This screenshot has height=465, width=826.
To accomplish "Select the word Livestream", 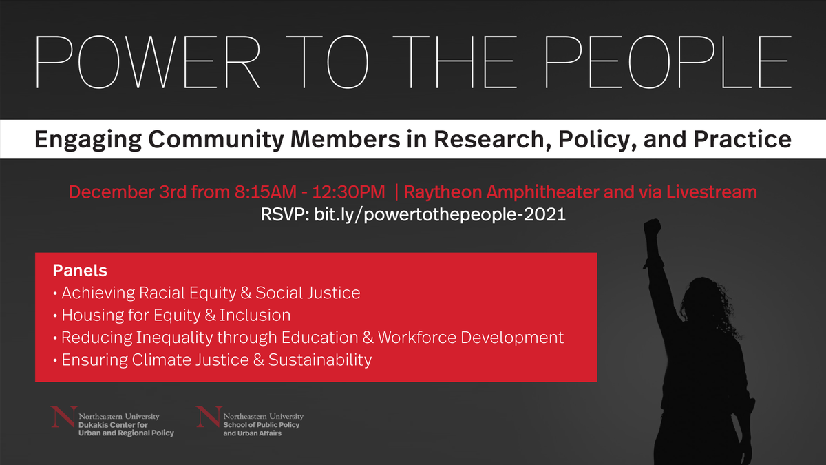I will click(x=712, y=192).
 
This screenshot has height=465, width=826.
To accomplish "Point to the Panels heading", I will click(x=80, y=270).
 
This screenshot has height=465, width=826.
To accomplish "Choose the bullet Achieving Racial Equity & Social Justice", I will click(x=211, y=293).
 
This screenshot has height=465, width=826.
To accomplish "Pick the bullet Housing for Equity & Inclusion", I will click(x=176, y=316).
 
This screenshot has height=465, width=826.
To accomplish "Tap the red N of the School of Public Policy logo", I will click(x=209, y=420).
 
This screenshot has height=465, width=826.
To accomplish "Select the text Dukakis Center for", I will click(x=114, y=425).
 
